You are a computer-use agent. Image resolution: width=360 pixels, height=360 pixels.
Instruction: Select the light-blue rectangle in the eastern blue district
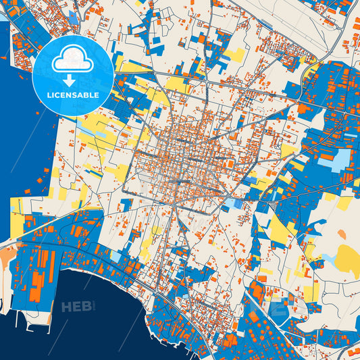pyautogui.click(x=342, y=159)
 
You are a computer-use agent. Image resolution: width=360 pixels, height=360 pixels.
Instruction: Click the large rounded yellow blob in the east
pyautogui.click(x=349, y=256)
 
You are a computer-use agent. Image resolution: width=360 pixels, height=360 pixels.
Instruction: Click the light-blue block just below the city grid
pyautogui.click(x=236, y=203)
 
